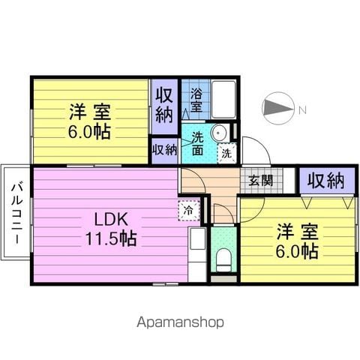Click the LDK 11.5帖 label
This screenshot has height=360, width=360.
pyautogui.click(x=111, y=229)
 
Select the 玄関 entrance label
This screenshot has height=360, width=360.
pyautogui.click(x=261, y=180)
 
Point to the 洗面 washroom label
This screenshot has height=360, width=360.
pyautogui.click(x=197, y=143)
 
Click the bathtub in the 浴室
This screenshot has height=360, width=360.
pyautogui.click(x=223, y=100)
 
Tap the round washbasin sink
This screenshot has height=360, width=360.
pyautogui.click(x=219, y=133)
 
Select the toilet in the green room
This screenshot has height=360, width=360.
pyautogui.click(x=223, y=260)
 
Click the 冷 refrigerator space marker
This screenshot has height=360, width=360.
pyautogui.click(x=189, y=211)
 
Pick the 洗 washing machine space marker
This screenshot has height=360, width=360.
pyautogui.click(x=226, y=154)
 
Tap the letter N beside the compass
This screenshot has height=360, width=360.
pyautogui.click(x=303, y=109)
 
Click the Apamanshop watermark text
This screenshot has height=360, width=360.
pyautogui.click(x=180, y=322)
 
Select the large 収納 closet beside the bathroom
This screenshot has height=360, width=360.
pyautogui.click(x=164, y=106)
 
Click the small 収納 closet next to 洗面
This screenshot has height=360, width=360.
pyautogui.click(x=165, y=151)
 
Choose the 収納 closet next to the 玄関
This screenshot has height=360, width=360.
pyautogui.click(x=327, y=181)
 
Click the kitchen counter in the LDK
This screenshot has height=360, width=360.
pyautogui.click(x=197, y=254)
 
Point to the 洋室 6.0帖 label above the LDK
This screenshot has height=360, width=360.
pyautogui.click(x=89, y=121)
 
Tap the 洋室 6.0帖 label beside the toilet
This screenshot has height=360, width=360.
pyautogui.click(x=297, y=241)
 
